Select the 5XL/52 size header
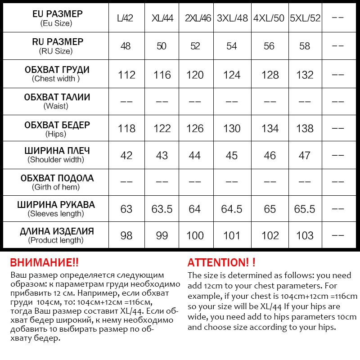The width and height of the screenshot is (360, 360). coord(305,19)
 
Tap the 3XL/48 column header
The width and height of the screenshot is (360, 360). coord(232,19)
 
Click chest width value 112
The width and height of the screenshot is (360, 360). coord(126,75)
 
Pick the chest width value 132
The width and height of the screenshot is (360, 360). coord(305,75)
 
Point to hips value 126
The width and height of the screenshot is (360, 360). coord(195,129)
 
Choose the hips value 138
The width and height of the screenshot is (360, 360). coord(305,129)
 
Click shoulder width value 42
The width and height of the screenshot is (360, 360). coord(126,155)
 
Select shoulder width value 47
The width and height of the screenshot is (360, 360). coord(305,155)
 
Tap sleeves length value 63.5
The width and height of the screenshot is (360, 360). coord(162,209)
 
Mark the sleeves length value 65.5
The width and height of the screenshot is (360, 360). coord(305,209)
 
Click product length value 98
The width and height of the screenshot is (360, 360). coord(126,235)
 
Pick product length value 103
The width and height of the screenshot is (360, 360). coord(305,235)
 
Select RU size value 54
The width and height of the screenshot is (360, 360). coord(232,46)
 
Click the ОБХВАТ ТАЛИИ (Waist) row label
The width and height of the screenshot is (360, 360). coord(57,101)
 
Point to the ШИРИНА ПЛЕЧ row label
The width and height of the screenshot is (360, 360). coord(57,155)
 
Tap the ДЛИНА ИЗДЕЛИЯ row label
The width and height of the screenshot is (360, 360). coord(57,235)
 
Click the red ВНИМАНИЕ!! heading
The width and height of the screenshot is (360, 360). coord(44,263)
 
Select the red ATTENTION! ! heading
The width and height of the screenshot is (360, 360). coord(221,263)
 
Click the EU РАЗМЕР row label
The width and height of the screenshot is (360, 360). coord(57,18)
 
